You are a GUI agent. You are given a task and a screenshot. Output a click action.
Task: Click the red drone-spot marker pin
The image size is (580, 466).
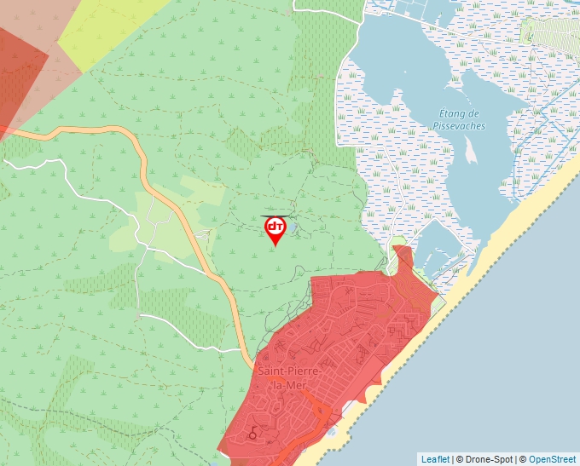click(275, 227)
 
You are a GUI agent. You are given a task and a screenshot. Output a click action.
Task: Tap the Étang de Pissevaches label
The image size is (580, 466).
click(459, 119)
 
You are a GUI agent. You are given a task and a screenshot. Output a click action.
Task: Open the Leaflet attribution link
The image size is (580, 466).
click(435, 459)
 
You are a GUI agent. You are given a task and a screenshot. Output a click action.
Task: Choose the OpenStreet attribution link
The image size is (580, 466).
click(552, 459)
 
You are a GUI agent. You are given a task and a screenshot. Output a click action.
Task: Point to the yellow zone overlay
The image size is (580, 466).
click(111, 26)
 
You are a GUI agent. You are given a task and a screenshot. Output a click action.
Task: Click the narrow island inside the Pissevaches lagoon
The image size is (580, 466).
click(469, 151)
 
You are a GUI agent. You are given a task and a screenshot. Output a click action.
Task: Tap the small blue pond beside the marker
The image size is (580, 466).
click(292, 228)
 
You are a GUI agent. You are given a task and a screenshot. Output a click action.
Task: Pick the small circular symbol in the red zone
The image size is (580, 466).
click(252, 435)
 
